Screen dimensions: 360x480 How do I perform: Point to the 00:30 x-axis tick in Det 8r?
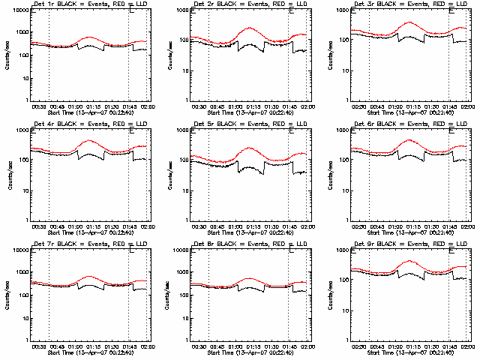(x=199, y=346)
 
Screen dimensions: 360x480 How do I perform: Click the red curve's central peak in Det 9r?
(x=409, y=261)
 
